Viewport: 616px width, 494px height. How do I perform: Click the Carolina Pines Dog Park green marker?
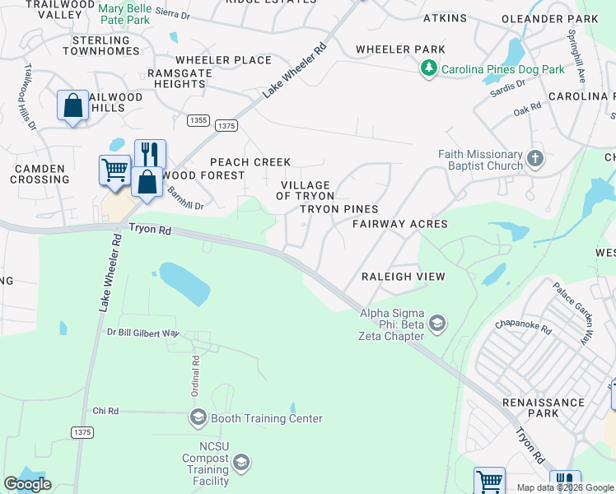pyautogui.click(x=428, y=69)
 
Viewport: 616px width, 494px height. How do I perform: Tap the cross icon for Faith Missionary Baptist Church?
pyautogui.click(x=534, y=158)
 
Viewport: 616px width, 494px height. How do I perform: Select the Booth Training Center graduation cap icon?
pyautogui.click(x=198, y=418)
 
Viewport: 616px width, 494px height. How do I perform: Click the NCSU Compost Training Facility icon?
pyautogui.click(x=240, y=465)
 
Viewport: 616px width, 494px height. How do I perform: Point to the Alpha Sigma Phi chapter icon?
pyautogui.click(x=436, y=324)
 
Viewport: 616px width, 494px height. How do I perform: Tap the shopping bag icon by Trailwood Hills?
pyautogui.click(x=73, y=106)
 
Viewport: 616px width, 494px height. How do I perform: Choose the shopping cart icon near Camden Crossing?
pyautogui.click(x=115, y=170)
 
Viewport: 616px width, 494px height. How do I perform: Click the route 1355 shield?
pyautogui.click(x=198, y=120)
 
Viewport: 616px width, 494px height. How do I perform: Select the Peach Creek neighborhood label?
pyautogui.click(x=250, y=162)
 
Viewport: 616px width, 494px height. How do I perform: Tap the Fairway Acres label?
pyautogui.click(x=400, y=224)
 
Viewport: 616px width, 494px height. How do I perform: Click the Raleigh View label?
pyautogui.click(x=404, y=277)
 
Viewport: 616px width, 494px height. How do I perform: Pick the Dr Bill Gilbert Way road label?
pyautogui.click(x=143, y=333)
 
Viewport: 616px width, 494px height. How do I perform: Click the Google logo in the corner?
pyautogui.click(x=27, y=484)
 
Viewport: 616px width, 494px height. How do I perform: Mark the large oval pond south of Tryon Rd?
pyautogui.click(x=184, y=283)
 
